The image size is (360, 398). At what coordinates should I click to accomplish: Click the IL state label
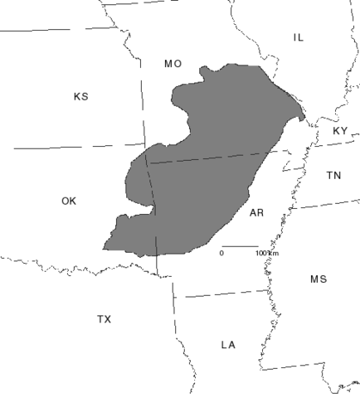[x=299, y=37]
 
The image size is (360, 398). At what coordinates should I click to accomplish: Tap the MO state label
[x=173, y=63]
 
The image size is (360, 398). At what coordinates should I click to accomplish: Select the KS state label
[x=81, y=97]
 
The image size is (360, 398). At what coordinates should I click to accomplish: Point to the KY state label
[x=341, y=131]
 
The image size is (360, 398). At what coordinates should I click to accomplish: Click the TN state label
[x=333, y=175]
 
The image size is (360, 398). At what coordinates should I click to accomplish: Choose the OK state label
[x=69, y=201]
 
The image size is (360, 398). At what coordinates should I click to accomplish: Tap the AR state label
[x=256, y=214]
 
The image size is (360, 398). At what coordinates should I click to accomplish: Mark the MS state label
[x=319, y=279]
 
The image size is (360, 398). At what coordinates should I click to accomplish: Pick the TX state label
[x=104, y=319]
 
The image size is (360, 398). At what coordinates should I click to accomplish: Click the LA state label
[x=229, y=344]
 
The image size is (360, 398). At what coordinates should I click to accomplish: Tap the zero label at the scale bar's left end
[x=221, y=252]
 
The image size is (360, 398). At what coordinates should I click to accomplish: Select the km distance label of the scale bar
[x=262, y=252]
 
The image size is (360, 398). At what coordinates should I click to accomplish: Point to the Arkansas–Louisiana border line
[x=224, y=293]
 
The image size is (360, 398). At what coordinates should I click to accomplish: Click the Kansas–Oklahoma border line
[x=75, y=148]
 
